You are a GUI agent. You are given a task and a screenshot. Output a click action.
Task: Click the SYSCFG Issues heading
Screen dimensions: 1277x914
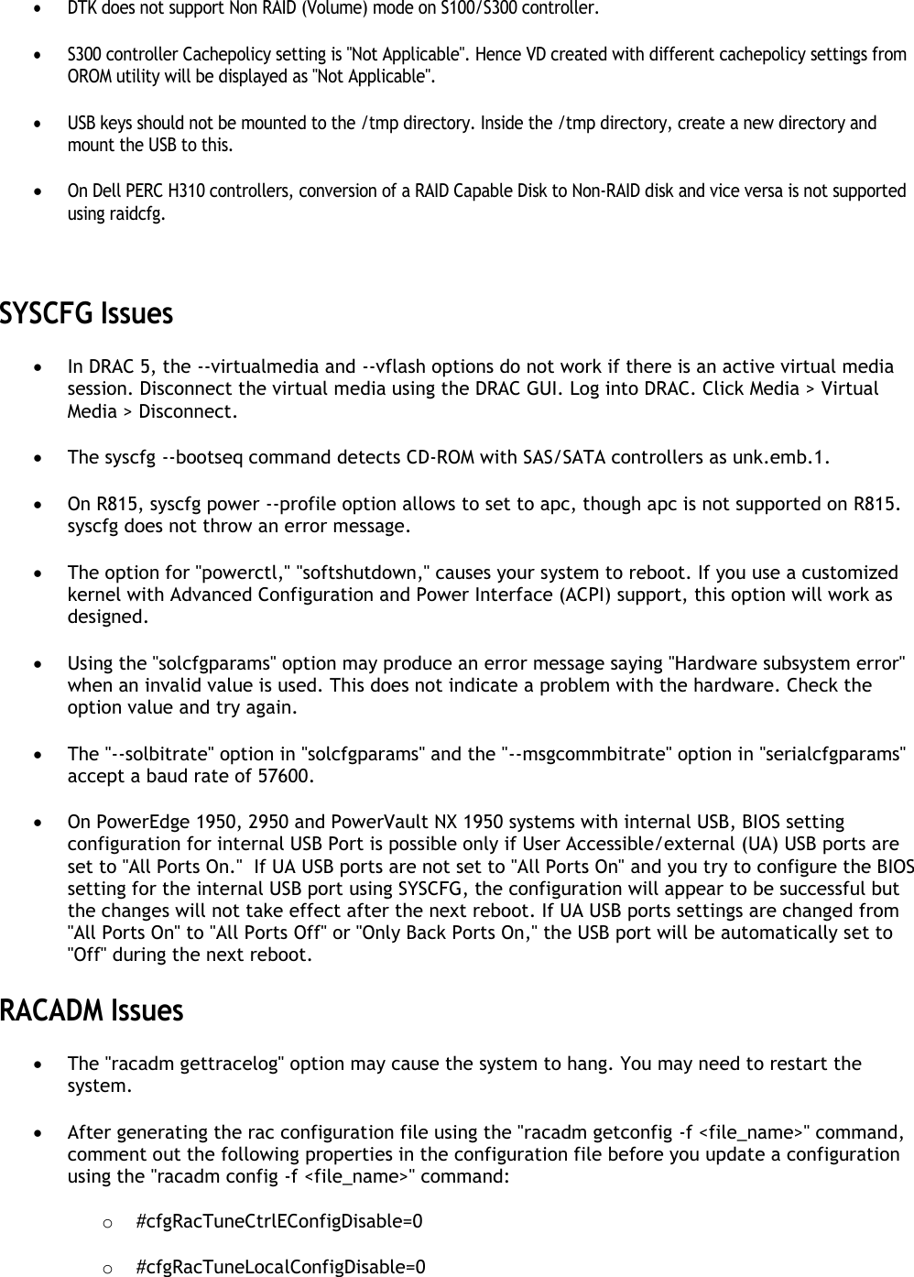click(x=86, y=314)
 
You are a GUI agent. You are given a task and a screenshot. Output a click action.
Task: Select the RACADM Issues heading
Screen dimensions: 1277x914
click(x=92, y=1011)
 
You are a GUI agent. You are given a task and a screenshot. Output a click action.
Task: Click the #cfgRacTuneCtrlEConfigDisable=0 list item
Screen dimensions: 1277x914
click(x=278, y=1221)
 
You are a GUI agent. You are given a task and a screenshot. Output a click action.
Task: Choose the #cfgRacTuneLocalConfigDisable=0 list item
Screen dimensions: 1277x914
click(x=279, y=1267)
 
